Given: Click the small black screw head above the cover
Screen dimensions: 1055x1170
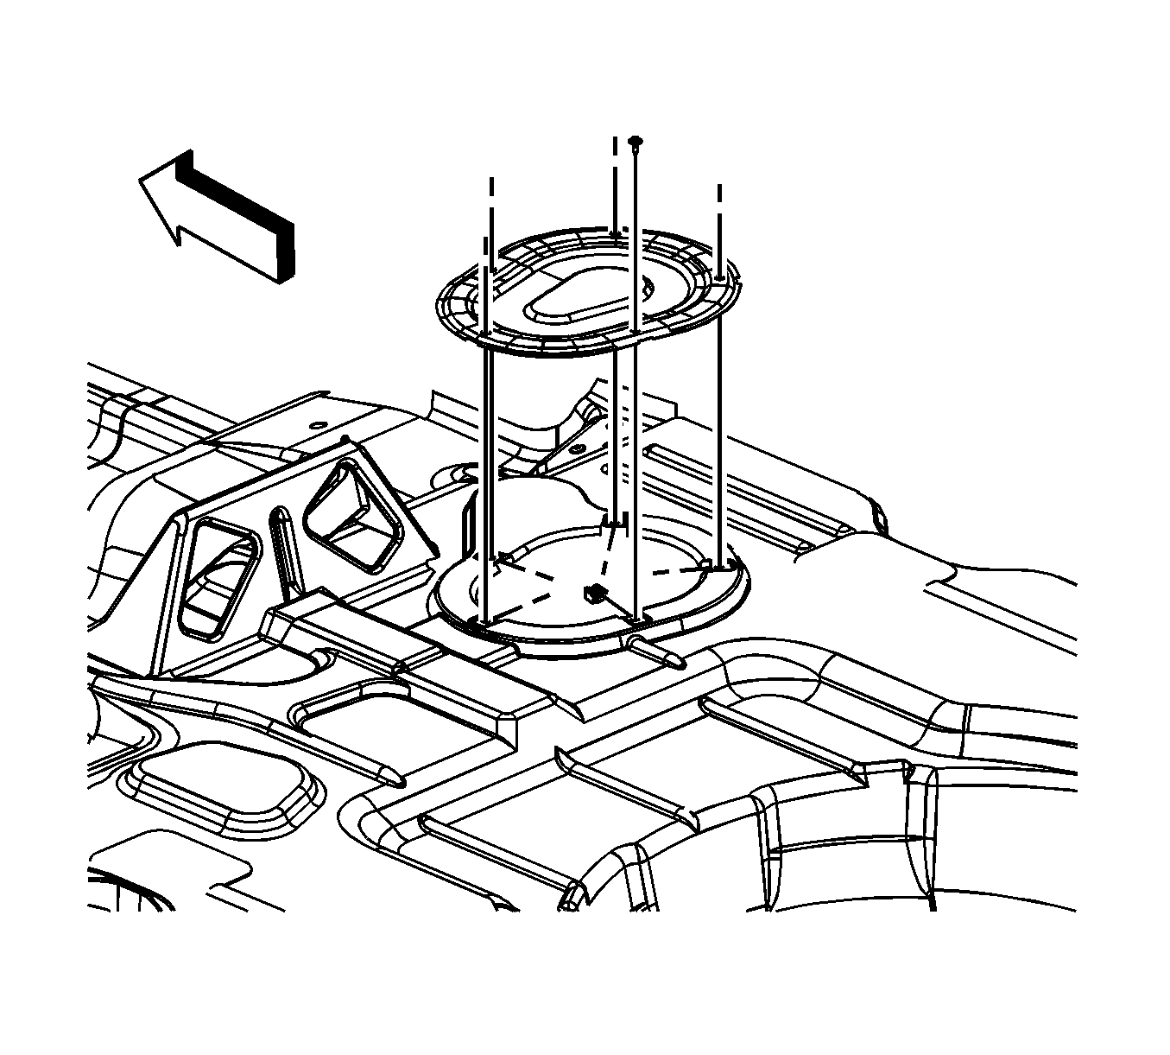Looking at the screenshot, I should click(x=636, y=140).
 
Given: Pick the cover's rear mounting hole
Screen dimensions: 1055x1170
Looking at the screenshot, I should click(x=614, y=232).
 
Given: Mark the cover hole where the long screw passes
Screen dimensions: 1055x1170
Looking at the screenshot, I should click(x=635, y=331).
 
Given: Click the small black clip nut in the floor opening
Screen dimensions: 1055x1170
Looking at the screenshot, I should click(x=591, y=592).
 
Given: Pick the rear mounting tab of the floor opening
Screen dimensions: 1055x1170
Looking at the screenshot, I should click(x=615, y=522).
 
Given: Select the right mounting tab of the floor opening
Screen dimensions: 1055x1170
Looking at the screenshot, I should click(x=718, y=566).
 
